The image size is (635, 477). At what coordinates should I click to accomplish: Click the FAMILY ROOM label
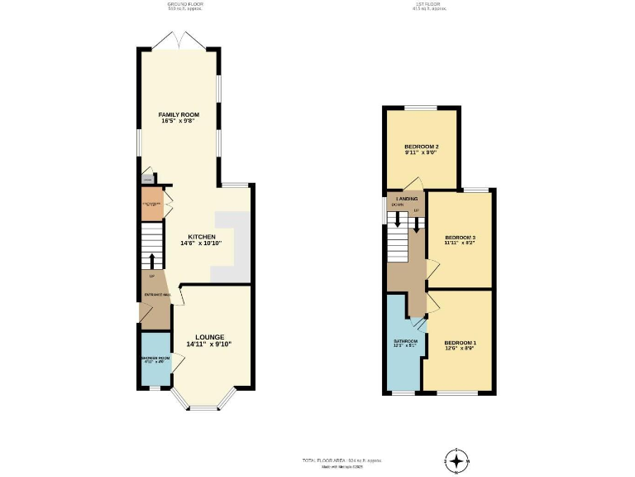[179, 114]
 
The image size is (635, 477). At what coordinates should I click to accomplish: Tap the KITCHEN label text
[202, 236]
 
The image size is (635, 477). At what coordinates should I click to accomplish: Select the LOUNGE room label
[208, 336]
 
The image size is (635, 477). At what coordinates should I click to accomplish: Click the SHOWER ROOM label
[155, 359]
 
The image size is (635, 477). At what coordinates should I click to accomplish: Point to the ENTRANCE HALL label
[157, 295]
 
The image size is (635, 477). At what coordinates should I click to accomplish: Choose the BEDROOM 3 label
[460, 237]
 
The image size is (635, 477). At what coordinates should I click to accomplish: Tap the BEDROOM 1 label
[460, 342]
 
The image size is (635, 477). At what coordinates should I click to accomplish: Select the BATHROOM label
[405, 340]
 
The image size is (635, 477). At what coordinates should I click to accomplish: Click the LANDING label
[406, 200]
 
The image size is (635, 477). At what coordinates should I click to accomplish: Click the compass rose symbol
[456, 460]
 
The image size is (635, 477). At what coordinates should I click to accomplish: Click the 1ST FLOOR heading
[431, 5]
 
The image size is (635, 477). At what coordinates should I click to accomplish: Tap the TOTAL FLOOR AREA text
[341, 460]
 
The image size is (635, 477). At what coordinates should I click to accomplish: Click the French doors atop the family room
[179, 41]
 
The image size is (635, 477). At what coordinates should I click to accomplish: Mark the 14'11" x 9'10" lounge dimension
[208, 344]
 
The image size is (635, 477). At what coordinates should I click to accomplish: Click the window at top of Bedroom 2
[420, 108]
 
